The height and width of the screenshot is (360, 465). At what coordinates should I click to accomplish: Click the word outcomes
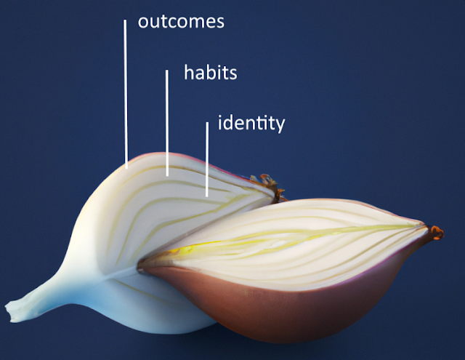coord(182,21)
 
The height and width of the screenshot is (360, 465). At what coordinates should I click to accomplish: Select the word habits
coord(211,73)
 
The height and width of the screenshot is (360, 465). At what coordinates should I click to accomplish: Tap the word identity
coord(251,123)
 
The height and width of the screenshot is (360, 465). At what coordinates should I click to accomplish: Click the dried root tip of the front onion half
coord(435,233)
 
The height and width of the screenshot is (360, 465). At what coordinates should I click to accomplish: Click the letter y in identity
coord(279,125)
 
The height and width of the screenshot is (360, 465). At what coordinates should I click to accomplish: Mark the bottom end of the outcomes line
coord(126,166)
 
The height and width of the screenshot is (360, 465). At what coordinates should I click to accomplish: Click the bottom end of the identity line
coord(207,195)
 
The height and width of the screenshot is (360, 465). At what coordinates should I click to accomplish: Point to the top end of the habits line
coord(167,71)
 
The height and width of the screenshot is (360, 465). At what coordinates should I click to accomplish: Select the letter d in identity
coord(231,122)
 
